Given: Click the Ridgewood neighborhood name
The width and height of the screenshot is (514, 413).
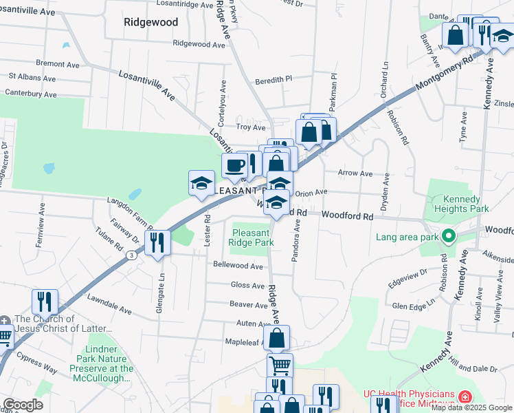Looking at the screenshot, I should click(x=150, y=22).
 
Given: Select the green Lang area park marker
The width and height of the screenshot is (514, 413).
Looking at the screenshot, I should click(x=449, y=237).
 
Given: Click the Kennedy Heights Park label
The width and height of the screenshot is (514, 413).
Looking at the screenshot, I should click(x=461, y=204).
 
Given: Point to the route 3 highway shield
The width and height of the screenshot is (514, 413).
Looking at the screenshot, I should click(x=131, y=255).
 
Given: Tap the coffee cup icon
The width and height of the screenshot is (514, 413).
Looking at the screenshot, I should click(x=234, y=165).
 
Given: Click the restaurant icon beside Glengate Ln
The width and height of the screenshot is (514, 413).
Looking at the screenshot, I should click(x=158, y=243).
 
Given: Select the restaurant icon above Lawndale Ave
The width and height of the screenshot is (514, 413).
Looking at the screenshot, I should click(x=45, y=301).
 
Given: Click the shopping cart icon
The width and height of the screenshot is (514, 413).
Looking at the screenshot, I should click(x=280, y=365).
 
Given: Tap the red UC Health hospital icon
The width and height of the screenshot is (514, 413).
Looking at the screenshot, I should click(x=465, y=398).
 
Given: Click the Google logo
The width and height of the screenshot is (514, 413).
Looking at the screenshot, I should click(x=23, y=405).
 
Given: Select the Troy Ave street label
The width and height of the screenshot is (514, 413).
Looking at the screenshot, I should click(x=251, y=127).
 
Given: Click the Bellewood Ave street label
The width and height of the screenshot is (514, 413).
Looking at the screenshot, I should click(x=238, y=266).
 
